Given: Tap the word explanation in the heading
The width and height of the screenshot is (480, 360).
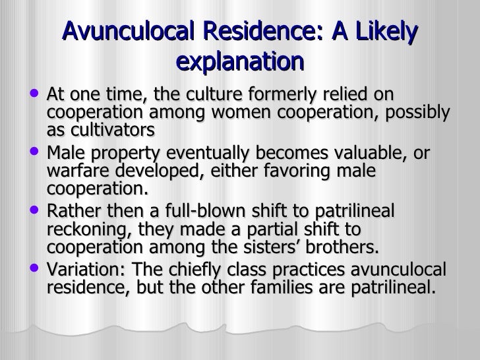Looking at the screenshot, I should [241, 62].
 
